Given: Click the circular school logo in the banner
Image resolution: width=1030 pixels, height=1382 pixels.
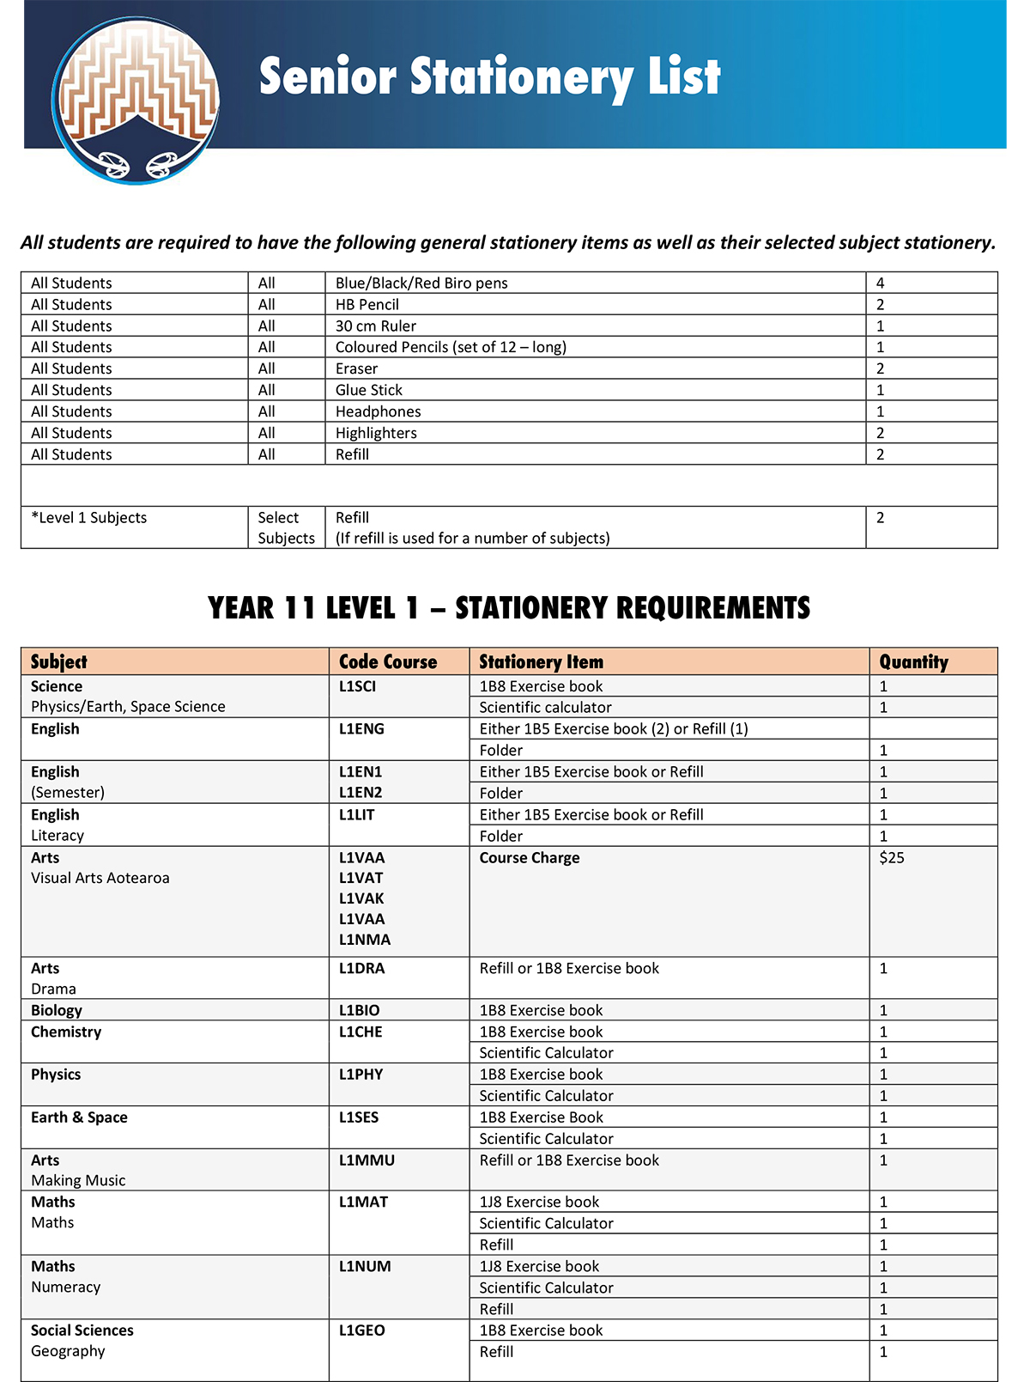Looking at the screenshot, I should (x=136, y=100).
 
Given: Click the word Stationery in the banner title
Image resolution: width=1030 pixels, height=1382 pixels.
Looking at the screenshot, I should (x=523, y=77).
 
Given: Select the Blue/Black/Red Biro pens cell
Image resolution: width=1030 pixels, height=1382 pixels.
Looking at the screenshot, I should (x=421, y=283).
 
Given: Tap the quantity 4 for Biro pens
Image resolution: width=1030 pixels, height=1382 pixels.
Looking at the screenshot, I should (x=880, y=283).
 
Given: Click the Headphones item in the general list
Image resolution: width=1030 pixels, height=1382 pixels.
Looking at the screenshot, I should (x=378, y=412).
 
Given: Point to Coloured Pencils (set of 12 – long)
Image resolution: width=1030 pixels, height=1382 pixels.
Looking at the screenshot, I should (x=451, y=348).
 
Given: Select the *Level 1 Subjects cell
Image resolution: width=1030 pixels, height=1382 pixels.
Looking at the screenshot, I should (x=89, y=518).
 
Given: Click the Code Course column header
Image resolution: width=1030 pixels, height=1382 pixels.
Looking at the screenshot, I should (x=388, y=662).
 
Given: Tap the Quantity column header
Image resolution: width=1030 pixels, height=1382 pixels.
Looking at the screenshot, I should (x=913, y=662).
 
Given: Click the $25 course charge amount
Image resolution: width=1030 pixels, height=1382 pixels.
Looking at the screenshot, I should (x=892, y=858).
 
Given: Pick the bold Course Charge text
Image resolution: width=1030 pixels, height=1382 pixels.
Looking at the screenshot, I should (x=529, y=858).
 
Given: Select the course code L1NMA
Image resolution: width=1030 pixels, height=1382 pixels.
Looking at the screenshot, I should (x=364, y=940).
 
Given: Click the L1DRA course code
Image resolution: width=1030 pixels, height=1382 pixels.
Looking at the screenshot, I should (x=361, y=969).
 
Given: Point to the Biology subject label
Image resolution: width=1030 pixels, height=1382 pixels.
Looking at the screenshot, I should (x=57, y=1011).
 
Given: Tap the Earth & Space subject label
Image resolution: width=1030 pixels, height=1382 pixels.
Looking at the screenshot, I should (x=79, y=1117).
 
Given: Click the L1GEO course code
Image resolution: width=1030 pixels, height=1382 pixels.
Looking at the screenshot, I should (x=361, y=1330).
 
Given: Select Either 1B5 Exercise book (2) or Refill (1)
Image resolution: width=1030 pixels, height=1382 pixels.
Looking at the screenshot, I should (x=613, y=729).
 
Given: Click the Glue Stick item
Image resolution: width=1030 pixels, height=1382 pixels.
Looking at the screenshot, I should (x=368, y=391).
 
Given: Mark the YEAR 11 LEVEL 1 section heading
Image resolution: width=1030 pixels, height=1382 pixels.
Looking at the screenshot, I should (x=508, y=608).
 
